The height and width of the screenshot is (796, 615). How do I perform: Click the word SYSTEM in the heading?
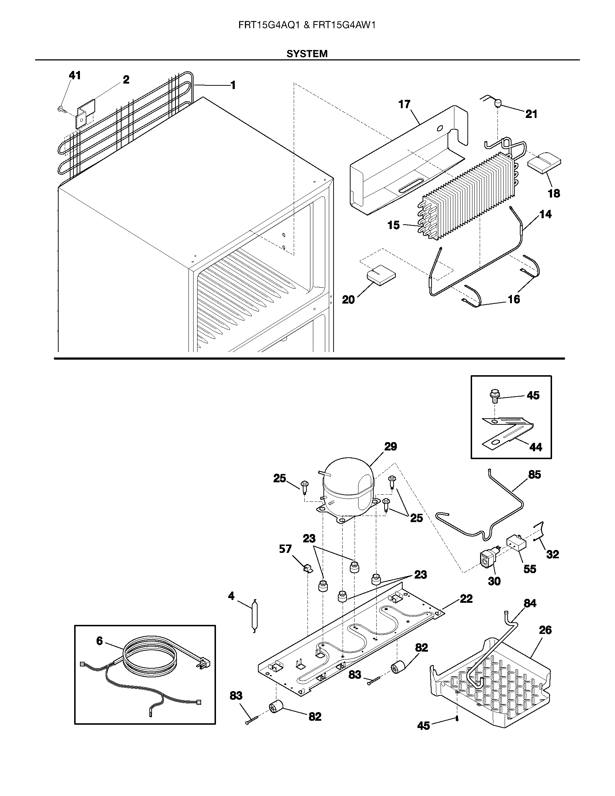tap(307, 54)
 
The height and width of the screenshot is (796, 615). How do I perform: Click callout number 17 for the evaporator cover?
tap(404, 105)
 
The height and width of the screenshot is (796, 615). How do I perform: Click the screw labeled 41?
tap(61, 108)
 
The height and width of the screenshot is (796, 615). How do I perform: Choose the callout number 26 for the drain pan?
tap(545, 630)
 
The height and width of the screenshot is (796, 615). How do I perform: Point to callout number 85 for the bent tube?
tap(534, 475)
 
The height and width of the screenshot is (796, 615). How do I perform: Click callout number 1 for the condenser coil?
tap(233, 85)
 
